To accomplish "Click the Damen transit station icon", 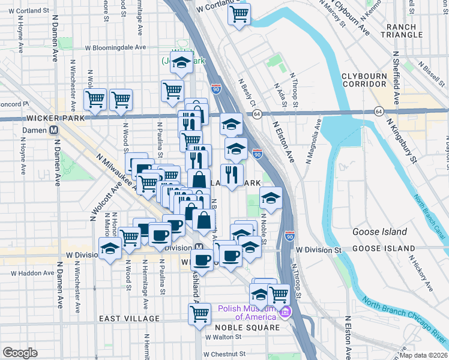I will [55, 130].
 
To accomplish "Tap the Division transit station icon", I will [198, 248].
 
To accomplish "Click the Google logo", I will [20, 353].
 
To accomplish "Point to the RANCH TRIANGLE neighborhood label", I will [405, 31].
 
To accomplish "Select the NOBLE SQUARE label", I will [247, 328].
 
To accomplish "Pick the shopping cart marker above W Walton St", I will [199, 313].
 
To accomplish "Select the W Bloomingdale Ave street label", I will [115, 47].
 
